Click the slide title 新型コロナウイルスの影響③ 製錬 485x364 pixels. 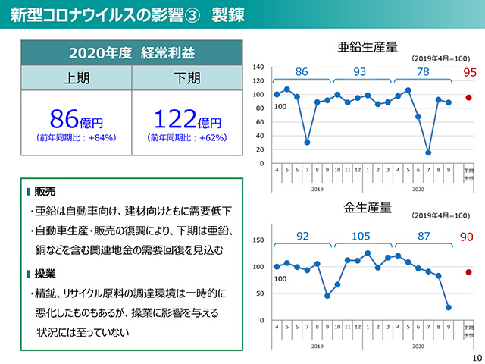[x=127, y=15]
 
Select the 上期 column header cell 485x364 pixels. [x=76, y=78]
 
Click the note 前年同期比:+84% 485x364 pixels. [x=76, y=138]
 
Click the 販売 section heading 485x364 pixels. [x=45, y=191]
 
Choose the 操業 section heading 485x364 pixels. [x=45, y=273]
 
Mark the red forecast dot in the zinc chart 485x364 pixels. [x=468, y=98]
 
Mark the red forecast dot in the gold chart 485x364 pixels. [x=468, y=272]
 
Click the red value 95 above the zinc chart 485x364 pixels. [x=469, y=73]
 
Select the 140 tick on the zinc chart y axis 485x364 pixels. [x=260, y=67]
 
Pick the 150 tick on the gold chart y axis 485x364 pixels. [x=259, y=240]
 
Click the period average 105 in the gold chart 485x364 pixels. [x=361, y=237]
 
